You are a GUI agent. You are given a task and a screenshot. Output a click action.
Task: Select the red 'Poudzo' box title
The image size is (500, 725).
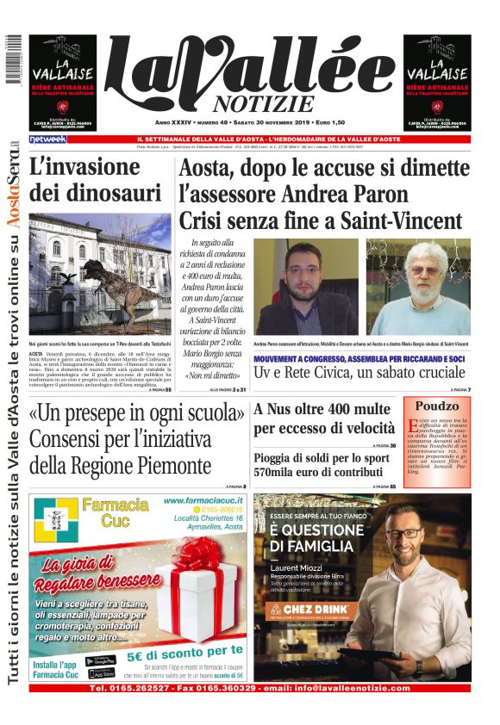coord(439,406)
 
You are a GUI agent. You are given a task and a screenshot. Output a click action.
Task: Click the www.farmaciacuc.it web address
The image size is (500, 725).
coord(200,499)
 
